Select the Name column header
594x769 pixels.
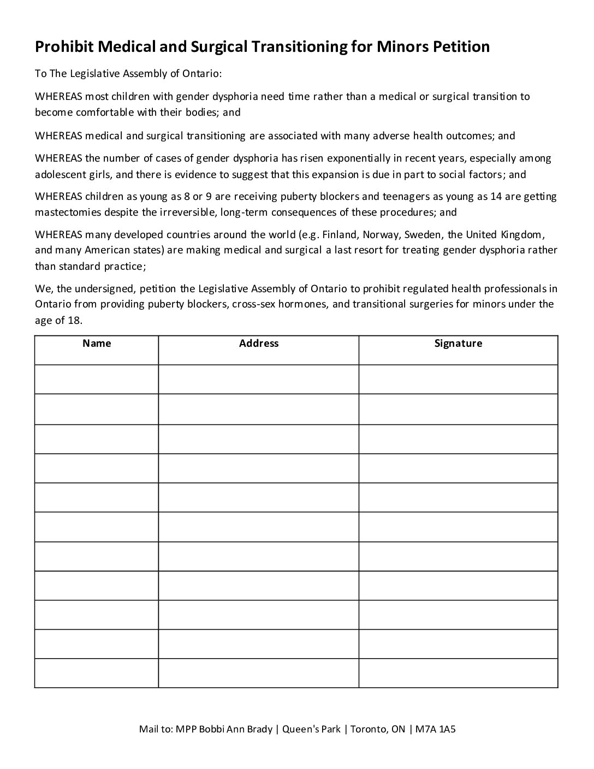click(97, 344)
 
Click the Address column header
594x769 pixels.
click(259, 344)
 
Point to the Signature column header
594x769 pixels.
click(458, 344)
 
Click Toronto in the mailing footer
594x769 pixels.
click(369, 729)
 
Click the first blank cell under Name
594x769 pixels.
click(97, 379)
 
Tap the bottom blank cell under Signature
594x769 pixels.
click(458, 673)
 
